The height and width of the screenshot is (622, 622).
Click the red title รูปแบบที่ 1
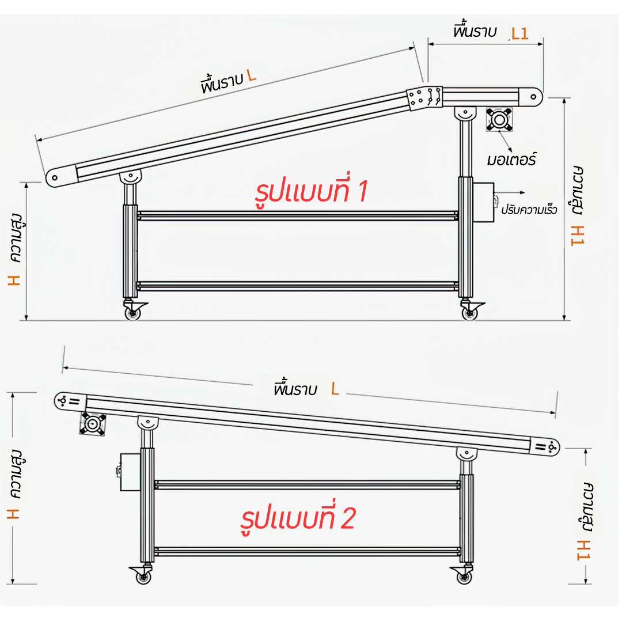pos(310,192)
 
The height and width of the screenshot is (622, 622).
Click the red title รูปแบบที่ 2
pos(298,519)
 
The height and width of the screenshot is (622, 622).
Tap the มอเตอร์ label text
pos(511,159)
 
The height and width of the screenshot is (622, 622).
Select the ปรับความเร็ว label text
pos(529,209)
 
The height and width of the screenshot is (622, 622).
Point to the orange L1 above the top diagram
pos(519,33)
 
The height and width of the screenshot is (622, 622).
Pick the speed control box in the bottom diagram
pos(130,472)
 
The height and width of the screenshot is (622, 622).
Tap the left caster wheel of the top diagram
pos(133,313)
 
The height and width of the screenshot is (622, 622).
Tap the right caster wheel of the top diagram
pos(470,313)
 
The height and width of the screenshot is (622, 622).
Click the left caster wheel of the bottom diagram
pos(143,576)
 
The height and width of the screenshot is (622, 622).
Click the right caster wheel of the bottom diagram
pos(464,576)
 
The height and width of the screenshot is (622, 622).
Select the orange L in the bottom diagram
pos(335,389)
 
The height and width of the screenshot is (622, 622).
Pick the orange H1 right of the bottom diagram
pos(584,549)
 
